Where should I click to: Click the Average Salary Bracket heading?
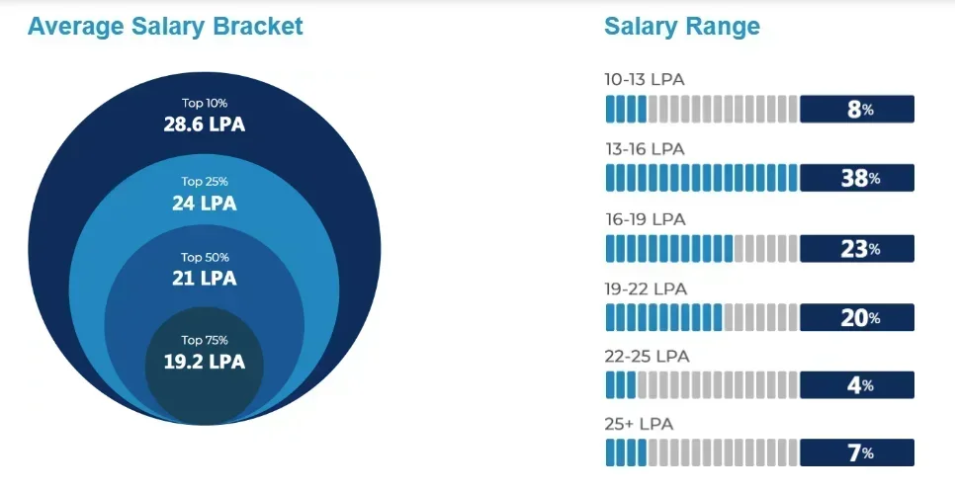click(165, 27)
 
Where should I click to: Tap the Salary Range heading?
click(682, 27)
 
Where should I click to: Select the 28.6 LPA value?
click(205, 124)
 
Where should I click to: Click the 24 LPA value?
click(205, 204)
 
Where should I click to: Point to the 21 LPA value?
click(205, 279)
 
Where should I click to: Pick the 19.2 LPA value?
click(205, 362)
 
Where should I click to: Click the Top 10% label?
click(205, 103)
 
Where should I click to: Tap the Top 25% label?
click(205, 182)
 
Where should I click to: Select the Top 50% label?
click(205, 257)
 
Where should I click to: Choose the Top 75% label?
click(205, 340)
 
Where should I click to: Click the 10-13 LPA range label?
click(645, 79)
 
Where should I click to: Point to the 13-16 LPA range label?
click(645, 149)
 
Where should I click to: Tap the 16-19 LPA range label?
click(645, 218)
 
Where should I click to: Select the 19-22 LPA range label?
click(645, 288)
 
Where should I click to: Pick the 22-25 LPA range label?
click(645, 356)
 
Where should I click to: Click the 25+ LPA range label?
click(637, 424)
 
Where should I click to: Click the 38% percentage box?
click(857, 179)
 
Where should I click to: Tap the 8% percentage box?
click(857, 110)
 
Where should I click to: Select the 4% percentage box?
click(857, 385)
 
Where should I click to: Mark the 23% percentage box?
click(857, 249)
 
